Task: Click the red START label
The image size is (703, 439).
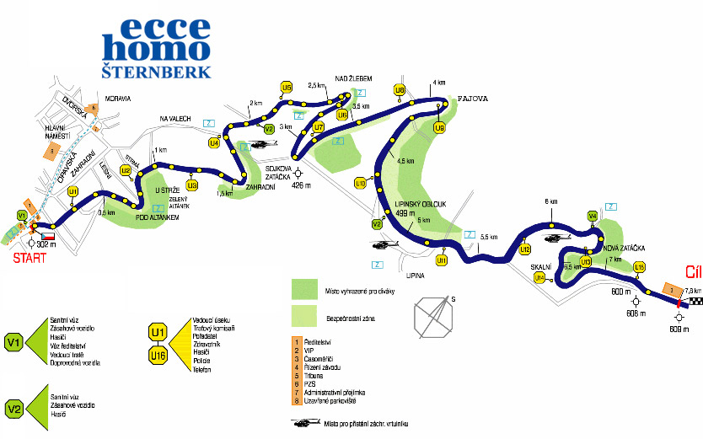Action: [29, 258]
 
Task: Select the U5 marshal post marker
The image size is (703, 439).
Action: [287, 87]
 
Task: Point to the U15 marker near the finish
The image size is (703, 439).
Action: [639, 267]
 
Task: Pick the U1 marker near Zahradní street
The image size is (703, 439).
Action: [73, 191]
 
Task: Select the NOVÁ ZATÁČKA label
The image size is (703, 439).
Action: [625, 247]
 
